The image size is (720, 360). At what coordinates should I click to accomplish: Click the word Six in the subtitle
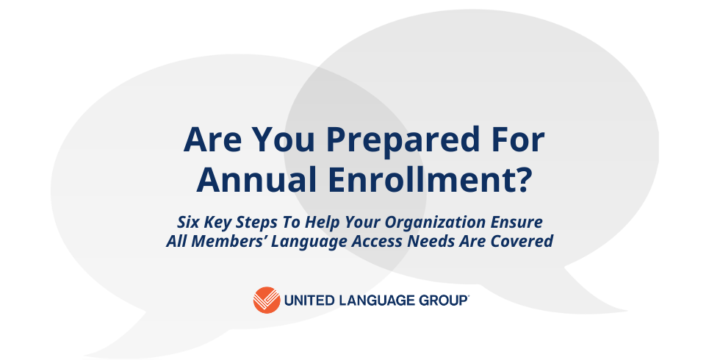point(188,222)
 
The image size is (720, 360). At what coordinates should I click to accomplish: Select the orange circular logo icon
point(267,300)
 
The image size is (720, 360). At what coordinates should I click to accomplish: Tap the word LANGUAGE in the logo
point(373,300)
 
